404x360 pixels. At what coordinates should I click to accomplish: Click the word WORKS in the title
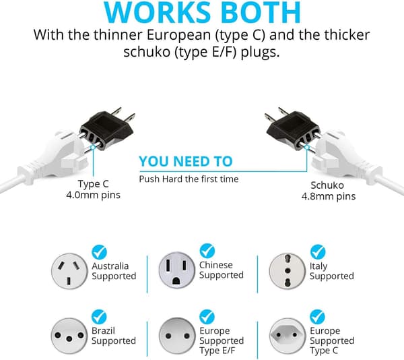(158, 12)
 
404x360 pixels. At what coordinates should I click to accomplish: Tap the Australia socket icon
(69, 271)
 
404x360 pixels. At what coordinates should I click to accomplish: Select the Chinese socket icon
(176, 270)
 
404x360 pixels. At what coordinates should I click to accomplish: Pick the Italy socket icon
(288, 271)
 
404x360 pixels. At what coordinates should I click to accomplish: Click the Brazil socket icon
(69, 336)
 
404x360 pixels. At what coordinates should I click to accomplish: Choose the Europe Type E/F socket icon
(177, 336)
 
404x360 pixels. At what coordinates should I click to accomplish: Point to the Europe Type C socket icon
(288, 336)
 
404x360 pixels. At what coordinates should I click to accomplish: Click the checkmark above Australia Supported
(99, 252)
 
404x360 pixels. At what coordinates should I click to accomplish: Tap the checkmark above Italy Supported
(318, 251)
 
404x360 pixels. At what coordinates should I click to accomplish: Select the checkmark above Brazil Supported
(99, 317)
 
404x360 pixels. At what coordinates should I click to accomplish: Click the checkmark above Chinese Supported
(207, 251)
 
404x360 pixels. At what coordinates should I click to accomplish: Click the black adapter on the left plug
(106, 129)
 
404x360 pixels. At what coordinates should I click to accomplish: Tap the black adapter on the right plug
(293, 129)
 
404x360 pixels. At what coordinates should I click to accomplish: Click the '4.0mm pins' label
(94, 195)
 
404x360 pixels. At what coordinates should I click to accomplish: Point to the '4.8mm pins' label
(329, 196)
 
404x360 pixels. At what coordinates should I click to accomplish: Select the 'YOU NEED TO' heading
(186, 161)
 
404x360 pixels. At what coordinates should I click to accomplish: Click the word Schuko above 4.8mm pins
(327, 185)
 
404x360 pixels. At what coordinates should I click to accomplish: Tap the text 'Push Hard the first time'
(189, 179)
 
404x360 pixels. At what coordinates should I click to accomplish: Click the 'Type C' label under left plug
(94, 184)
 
